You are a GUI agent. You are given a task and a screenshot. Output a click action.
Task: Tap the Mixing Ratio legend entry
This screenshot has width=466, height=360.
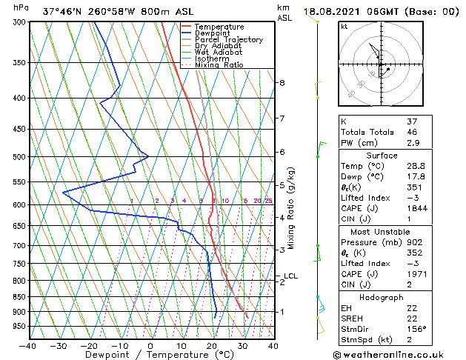tap(219, 65)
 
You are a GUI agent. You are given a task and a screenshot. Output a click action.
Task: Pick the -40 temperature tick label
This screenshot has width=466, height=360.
tap(28, 346)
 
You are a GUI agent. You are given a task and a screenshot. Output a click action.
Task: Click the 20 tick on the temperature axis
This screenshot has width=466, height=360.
tap(212, 346)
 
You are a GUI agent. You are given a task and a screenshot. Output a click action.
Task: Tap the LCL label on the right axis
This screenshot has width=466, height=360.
tap(290, 276)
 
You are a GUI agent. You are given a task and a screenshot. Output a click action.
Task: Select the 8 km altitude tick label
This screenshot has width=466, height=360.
tap(282, 82)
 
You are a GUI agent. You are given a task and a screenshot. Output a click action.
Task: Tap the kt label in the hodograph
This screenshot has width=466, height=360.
tap(344, 26)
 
